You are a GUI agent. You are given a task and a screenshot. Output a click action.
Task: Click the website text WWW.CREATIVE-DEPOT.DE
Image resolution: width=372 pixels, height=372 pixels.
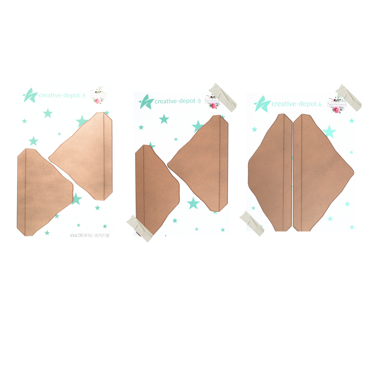(90, 236)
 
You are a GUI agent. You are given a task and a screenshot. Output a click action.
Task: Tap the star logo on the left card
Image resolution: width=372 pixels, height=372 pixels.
(30, 95)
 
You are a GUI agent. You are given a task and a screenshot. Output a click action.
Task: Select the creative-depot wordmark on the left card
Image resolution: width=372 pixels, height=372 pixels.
(59, 95)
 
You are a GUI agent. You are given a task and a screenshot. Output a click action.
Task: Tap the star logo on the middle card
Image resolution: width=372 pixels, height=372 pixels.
(146, 101)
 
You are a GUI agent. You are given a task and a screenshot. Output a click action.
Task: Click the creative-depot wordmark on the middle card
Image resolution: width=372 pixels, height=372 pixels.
(175, 101)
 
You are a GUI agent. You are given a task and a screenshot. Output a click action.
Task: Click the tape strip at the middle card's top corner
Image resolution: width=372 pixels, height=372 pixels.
(223, 96)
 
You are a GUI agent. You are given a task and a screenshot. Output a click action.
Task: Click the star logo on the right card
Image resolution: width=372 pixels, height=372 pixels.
(262, 104)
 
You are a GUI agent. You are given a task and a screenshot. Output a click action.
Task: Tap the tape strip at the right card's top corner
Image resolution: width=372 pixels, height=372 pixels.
(348, 96)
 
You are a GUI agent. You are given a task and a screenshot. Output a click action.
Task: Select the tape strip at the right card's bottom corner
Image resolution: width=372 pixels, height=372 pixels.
(252, 223)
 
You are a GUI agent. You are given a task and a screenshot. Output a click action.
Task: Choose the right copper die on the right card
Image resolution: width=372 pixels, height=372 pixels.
(319, 174)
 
